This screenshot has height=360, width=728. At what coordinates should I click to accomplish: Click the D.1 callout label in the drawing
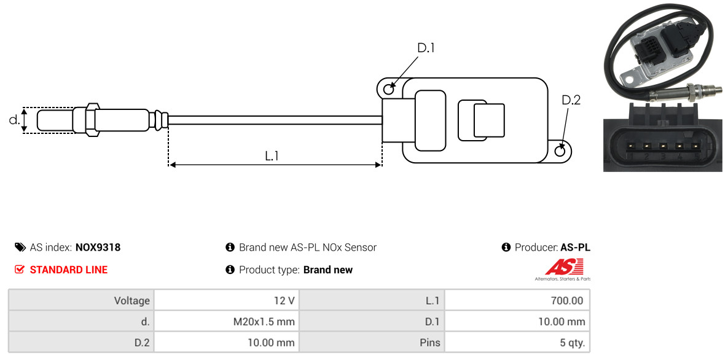(426, 48)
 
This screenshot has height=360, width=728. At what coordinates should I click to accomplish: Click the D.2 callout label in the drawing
(571, 100)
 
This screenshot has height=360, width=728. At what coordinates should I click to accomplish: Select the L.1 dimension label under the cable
(272, 156)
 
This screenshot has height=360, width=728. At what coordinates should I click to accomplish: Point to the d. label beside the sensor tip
(14, 120)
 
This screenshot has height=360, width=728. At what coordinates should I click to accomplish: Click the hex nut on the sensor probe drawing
(91, 120)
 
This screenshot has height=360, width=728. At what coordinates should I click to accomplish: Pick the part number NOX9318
(98, 248)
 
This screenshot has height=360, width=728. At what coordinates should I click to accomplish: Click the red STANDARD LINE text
(69, 270)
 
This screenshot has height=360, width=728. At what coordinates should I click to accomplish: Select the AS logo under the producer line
(563, 270)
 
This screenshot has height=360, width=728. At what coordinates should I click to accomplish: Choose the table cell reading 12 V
(227, 300)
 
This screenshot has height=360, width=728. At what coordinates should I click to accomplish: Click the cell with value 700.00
(517, 300)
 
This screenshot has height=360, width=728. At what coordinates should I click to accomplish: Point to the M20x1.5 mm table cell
(227, 321)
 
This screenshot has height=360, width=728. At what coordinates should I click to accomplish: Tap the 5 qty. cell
(517, 343)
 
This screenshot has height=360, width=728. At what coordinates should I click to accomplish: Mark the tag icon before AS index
(20, 247)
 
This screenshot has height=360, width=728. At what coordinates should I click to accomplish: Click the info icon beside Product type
(230, 270)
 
